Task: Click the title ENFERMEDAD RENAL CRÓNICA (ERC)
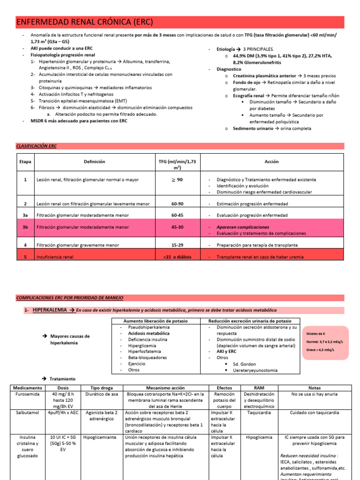84,22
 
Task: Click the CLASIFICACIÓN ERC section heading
36,146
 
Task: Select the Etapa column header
25,162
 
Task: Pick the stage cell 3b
25,227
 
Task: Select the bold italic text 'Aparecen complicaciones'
243,227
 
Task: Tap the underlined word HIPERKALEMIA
50,310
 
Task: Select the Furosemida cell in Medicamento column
28,395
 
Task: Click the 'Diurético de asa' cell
100,395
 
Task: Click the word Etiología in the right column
225,49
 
